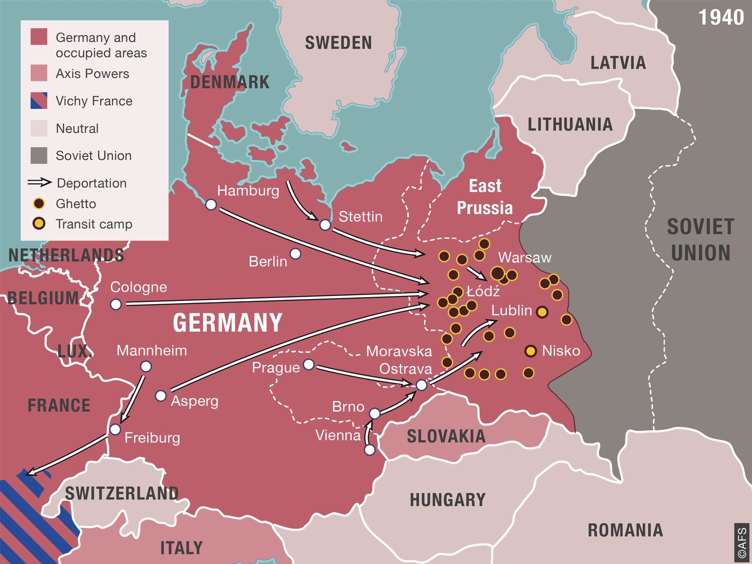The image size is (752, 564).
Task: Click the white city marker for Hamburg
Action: pos(211,205)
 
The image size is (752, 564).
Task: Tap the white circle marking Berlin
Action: pos(295,254)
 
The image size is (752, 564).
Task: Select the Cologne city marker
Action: pos(116,305)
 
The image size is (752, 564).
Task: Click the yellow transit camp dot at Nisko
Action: pos(530,351)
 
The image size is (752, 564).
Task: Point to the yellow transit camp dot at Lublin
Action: pos(542,312)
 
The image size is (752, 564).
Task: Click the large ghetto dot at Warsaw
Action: pos(497,273)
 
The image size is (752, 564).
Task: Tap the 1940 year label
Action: pos(721,18)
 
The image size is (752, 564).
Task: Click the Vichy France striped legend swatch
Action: pos(39,101)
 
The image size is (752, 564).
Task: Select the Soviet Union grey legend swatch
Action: pos(39,156)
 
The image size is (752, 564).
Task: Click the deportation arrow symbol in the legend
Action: pos(39,183)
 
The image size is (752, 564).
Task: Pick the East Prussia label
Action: pos(485,197)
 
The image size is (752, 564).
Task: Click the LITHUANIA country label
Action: pos(570,124)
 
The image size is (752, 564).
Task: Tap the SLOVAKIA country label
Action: pos(446,436)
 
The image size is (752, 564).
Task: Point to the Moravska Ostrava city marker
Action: pos(422,385)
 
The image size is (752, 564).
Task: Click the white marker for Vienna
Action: pos(370,449)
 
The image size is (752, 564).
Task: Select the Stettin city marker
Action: pos(325,225)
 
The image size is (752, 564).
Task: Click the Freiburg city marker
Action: pos(115,429)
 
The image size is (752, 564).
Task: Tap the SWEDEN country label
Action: pos(338,43)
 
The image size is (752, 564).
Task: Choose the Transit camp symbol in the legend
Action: pos(39,224)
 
